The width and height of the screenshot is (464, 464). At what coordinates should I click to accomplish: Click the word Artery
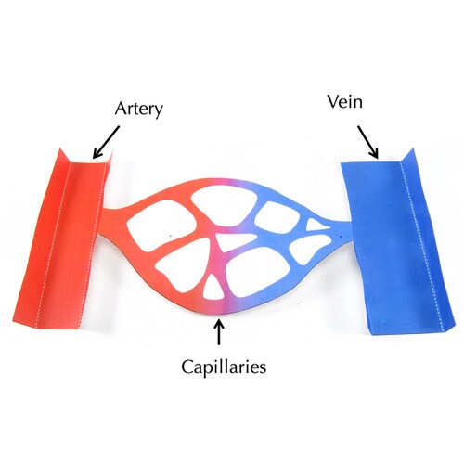(138, 110)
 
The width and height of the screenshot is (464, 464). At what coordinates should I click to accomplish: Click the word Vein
(345, 102)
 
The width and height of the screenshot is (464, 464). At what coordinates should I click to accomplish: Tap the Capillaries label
(224, 367)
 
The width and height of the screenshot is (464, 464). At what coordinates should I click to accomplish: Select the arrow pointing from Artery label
(106, 142)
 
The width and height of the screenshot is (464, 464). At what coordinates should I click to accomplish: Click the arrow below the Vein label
(368, 142)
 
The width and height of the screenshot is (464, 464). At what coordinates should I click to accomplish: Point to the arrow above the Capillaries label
(219, 332)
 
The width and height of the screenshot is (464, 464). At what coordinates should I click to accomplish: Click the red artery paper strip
(63, 238)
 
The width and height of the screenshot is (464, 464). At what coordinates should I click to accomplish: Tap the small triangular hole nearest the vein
(317, 225)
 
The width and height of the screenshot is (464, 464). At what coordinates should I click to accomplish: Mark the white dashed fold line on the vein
(422, 244)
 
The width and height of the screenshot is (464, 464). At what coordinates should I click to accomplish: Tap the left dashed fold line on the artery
(53, 244)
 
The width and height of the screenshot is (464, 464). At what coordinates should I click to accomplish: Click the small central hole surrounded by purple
(234, 241)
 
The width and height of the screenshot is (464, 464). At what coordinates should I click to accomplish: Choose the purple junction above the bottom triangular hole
(221, 263)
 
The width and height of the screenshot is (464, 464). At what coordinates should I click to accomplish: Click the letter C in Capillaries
(187, 367)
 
